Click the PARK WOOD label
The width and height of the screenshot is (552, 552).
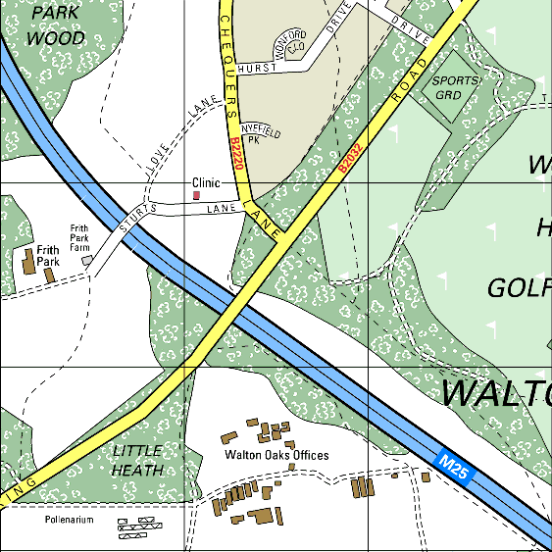(x=55, y=26)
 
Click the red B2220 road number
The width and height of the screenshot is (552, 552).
(x=235, y=155)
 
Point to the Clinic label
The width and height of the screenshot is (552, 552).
(x=206, y=183)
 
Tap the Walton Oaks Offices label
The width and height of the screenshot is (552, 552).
(x=276, y=455)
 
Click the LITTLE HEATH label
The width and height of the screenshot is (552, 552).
(x=137, y=460)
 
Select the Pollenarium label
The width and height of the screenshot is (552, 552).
(x=69, y=520)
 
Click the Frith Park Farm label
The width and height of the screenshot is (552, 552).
(x=79, y=238)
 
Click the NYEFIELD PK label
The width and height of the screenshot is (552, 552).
(x=261, y=134)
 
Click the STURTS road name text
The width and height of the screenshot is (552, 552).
(x=137, y=219)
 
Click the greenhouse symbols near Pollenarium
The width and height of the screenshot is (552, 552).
(x=138, y=529)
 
